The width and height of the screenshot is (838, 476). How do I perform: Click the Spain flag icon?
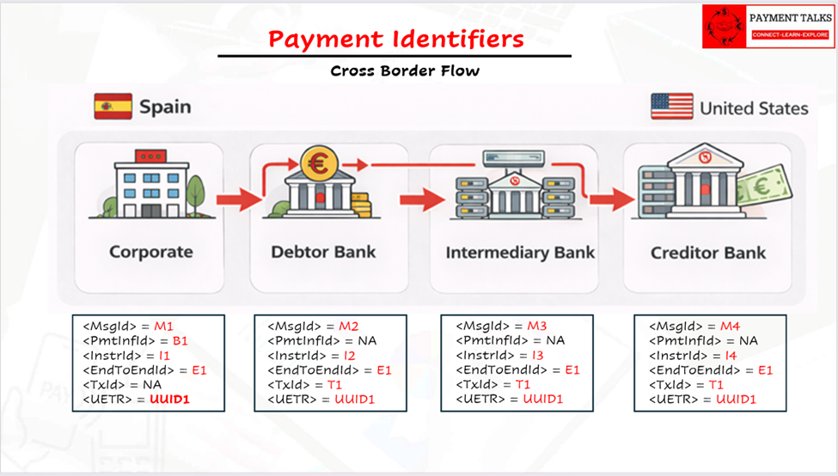click(113, 107)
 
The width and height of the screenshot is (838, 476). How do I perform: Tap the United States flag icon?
click(671, 107)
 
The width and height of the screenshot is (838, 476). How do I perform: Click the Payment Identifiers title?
click(395, 39)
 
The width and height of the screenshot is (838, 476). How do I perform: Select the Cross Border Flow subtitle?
click(405, 70)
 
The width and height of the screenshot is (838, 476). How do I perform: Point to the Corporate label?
click(150, 252)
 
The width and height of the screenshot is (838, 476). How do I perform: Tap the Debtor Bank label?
click(323, 252)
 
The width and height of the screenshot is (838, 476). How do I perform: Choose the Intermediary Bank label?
click(520, 253)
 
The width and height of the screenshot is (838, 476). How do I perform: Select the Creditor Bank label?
click(707, 253)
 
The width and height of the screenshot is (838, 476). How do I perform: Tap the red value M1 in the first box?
click(163, 326)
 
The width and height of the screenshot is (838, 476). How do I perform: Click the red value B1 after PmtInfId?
click(180, 341)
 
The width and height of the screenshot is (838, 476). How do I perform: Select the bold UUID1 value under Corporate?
click(169, 400)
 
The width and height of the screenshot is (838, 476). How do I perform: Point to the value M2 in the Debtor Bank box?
click(348, 326)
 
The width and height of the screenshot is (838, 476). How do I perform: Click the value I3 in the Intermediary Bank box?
click(538, 356)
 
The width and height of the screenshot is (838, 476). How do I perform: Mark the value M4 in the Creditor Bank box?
click(730, 326)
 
